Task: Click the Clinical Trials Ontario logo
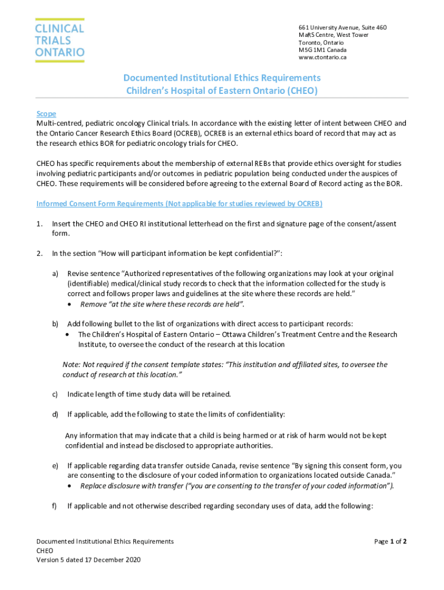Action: tap(60, 40)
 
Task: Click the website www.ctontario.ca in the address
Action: tap(322, 58)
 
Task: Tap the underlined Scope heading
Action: tap(46, 114)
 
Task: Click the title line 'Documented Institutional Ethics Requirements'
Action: tap(222, 78)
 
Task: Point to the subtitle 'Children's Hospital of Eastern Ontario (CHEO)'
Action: tap(222, 90)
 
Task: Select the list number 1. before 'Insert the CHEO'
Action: tap(39, 224)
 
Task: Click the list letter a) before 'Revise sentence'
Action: tap(55, 274)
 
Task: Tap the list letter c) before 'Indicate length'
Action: tap(55, 394)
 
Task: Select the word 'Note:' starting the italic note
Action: tap(72, 365)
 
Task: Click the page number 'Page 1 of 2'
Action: tap(390, 542)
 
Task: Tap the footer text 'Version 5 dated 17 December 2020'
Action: tap(88, 560)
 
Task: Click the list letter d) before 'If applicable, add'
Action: tap(55, 414)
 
